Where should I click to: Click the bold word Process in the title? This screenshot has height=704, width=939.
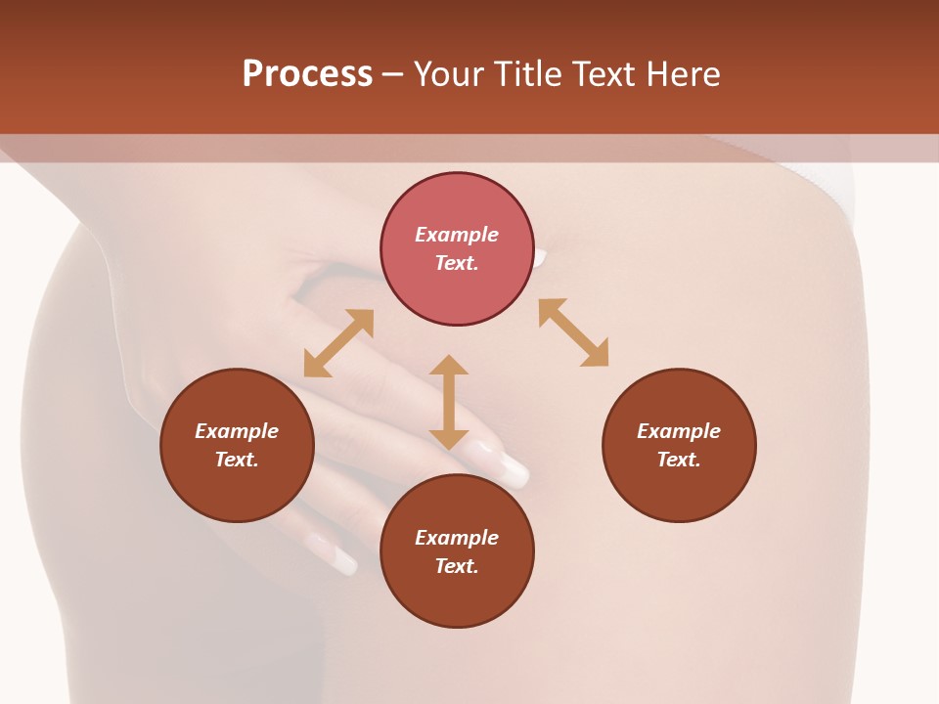[307, 74]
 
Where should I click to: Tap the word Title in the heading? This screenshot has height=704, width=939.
[529, 74]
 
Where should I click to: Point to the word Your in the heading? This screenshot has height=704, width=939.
[452, 74]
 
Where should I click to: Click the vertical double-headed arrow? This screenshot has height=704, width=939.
[449, 402]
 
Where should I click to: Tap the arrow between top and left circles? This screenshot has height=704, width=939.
[338, 343]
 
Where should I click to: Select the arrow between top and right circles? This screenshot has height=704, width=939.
[574, 332]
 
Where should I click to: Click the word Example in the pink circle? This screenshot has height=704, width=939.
[457, 235]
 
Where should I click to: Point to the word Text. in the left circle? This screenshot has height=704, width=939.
[237, 460]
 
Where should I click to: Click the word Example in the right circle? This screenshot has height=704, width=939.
[679, 431]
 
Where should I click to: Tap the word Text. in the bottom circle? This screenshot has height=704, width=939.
[457, 566]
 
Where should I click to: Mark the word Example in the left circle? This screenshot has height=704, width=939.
[237, 431]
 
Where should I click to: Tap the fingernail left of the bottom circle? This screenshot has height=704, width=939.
[335, 556]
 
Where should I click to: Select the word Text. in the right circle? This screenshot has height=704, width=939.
[679, 460]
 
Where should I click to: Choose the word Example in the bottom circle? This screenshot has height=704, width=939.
[457, 538]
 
